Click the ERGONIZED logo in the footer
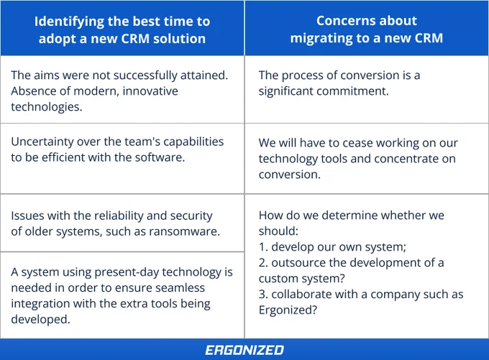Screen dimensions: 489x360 point(244,350)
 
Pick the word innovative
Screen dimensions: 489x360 point(150,91)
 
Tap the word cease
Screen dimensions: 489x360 point(357,143)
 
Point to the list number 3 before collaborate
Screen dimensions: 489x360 point(263,294)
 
